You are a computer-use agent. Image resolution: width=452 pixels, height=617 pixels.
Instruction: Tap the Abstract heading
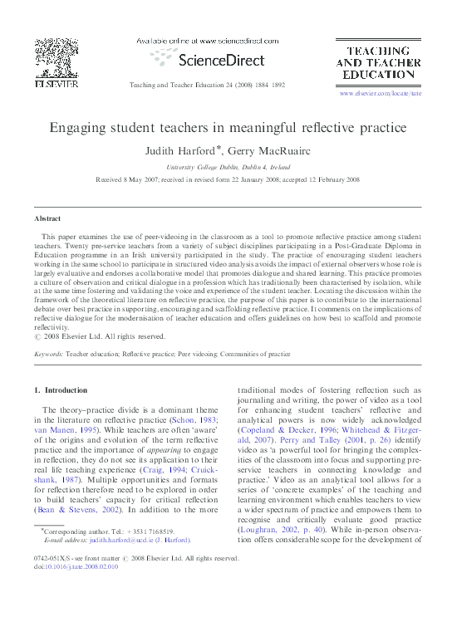pos(47,218)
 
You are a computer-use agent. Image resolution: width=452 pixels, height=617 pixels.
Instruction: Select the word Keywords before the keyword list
pos(48,354)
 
